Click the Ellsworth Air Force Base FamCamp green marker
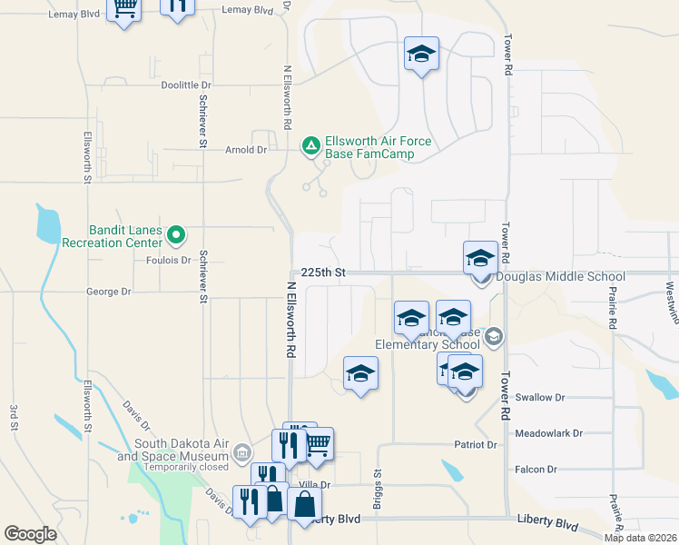(310, 145)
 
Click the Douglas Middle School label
(560, 277)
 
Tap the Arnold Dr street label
(246, 150)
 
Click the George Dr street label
(109, 292)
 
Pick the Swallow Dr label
(539, 398)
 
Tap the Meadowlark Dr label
(548, 434)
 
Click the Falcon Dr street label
(535, 470)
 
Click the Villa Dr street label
(314, 486)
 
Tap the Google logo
(30, 534)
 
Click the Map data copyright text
(640, 538)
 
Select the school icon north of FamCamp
(421, 54)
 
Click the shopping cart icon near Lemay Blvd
(123, 9)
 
